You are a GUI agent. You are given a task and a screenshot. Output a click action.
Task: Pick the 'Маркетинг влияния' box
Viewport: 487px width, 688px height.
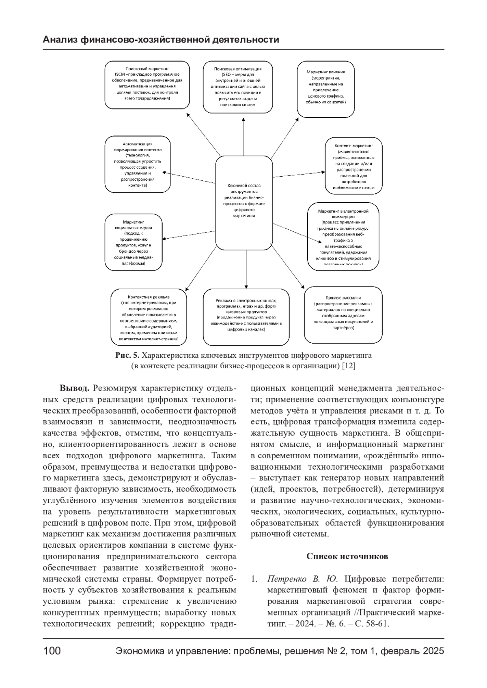(x=326, y=89)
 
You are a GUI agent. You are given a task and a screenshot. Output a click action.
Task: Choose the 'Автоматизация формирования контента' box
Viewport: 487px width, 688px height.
(x=138, y=164)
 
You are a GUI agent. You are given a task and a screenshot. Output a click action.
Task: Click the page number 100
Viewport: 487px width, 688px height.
(x=52, y=651)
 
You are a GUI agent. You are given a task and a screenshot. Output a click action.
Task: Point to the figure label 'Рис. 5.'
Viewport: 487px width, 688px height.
(x=127, y=355)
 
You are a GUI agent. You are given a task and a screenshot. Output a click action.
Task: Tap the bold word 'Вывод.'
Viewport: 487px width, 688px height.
(x=75, y=388)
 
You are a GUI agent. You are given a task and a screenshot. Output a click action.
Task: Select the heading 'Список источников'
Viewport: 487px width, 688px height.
(x=347, y=556)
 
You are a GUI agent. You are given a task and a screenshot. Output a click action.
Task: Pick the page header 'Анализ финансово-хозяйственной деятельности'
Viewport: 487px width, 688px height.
(x=161, y=40)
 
